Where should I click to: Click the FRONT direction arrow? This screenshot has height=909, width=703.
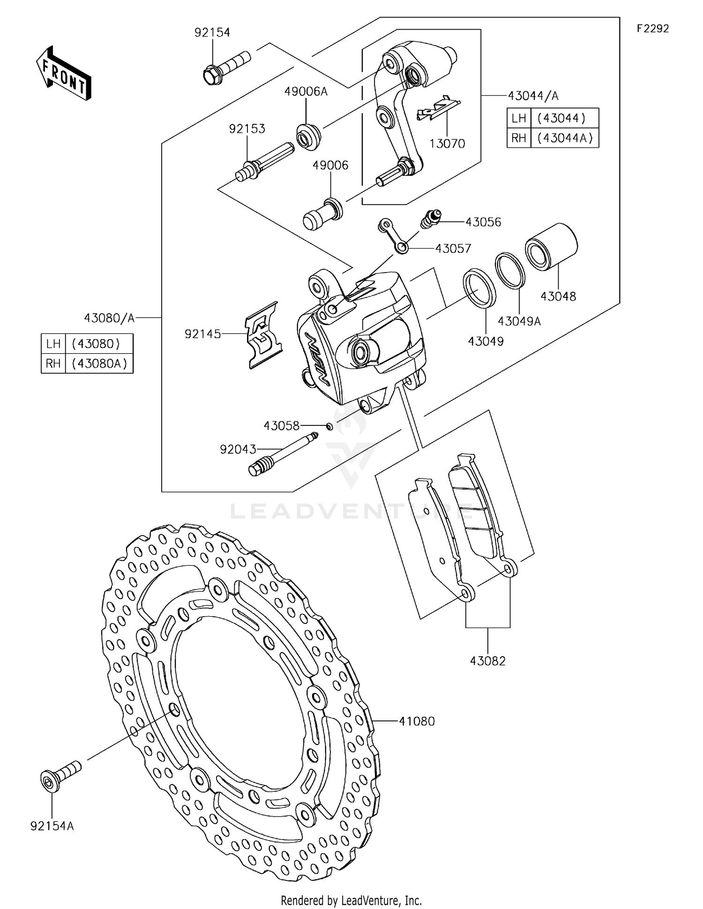click(63, 74)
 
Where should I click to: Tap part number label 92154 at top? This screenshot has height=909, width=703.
click(212, 32)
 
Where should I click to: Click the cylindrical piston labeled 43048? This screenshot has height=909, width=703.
click(551, 247)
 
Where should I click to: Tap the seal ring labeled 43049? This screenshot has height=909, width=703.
click(479, 288)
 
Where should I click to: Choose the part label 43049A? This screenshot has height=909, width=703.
click(519, 321)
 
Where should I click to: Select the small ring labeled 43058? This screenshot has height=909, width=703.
click(329, 426)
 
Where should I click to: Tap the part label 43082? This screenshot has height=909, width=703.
click(487, 661)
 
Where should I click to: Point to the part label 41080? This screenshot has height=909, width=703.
click(417, 721)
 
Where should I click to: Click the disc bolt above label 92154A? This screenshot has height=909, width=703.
click(60, 775)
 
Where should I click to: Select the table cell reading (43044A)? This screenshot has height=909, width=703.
click(565, 138)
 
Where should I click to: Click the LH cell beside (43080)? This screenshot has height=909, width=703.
click(53, 344)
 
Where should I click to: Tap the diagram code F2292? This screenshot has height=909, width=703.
click(652, 29)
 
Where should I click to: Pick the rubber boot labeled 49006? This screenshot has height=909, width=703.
click(322, 214)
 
